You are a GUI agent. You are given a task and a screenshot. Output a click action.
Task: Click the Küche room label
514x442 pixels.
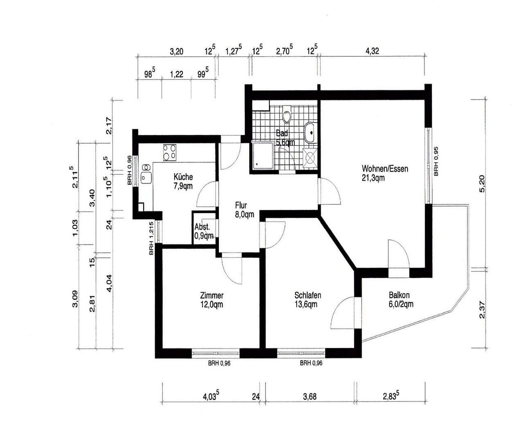183,177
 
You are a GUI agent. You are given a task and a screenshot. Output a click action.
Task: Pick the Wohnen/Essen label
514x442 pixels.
385,169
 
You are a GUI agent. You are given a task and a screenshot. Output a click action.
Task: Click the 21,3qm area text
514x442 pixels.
373,178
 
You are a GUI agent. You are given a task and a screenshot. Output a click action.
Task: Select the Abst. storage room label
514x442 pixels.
202,228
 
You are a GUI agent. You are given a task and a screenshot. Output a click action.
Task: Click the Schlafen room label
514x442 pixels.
307,295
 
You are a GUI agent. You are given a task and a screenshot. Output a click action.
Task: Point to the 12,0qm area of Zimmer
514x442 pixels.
212,304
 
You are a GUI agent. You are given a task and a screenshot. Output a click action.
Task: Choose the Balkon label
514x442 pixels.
399,295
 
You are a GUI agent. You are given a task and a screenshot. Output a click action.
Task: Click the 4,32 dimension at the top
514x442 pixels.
372,51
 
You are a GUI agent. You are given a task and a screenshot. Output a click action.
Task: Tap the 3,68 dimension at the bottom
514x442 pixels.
310,397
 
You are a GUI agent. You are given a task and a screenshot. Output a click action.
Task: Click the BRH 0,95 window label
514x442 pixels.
436,161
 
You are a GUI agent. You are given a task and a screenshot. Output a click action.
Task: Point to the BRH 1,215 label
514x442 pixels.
151,238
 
